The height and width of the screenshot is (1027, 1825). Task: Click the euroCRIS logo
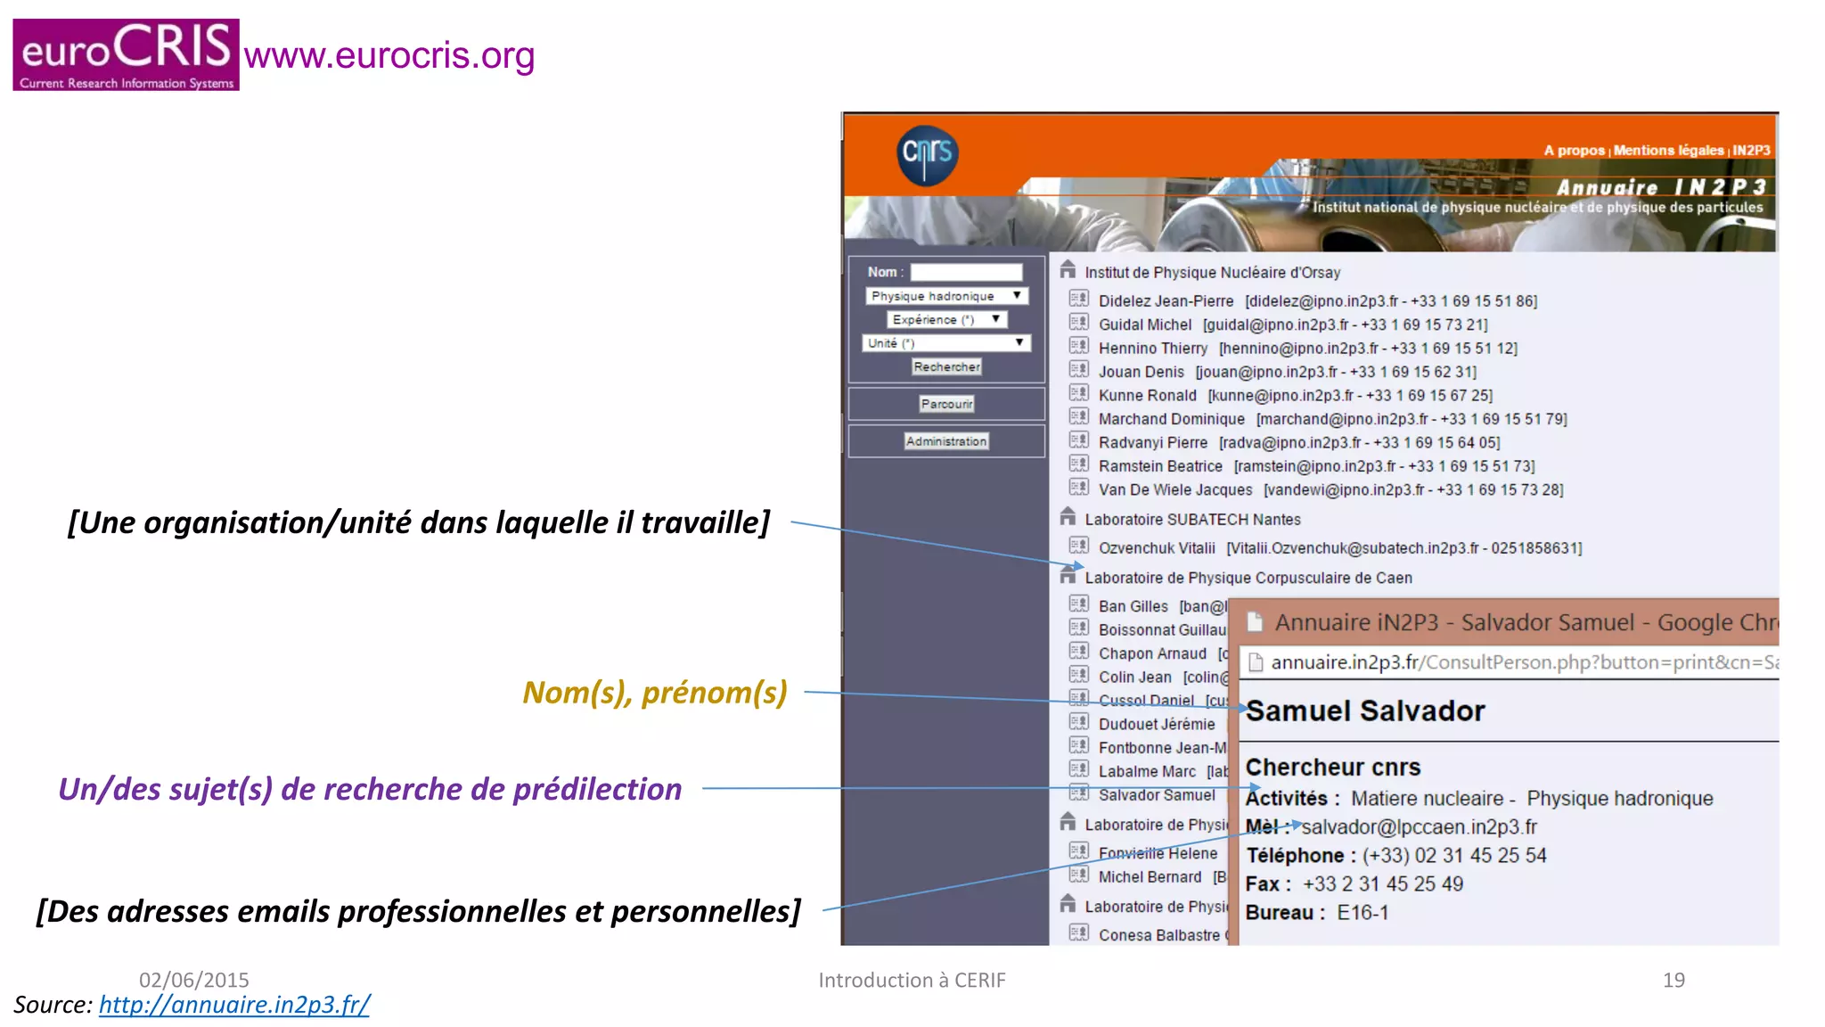[126, 54]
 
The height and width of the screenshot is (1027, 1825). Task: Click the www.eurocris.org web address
[389, 55]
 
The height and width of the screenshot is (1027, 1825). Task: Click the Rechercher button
[946, 367]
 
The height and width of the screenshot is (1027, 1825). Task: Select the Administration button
[946, 441]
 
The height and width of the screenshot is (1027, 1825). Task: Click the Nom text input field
[966, 272]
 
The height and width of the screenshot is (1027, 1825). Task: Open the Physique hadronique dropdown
[946, 296]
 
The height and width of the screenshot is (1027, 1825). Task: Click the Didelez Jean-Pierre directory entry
[1166, 301]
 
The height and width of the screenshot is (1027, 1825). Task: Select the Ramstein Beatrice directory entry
[1160, 466]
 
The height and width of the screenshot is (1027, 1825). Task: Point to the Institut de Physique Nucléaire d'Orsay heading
[1212, 273]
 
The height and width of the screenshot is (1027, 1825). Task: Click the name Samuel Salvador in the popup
[1365, 711]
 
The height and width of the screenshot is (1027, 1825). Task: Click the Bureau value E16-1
[1363, 913]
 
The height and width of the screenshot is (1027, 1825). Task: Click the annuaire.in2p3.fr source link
[234, 1005]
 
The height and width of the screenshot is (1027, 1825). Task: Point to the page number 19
[1674, 981]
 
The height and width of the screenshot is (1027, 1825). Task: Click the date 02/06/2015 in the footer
[194, 981]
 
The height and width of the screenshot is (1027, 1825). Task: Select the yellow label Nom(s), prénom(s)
[655, 693]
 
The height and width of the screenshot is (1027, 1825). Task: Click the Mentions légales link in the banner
[1668, 151]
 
